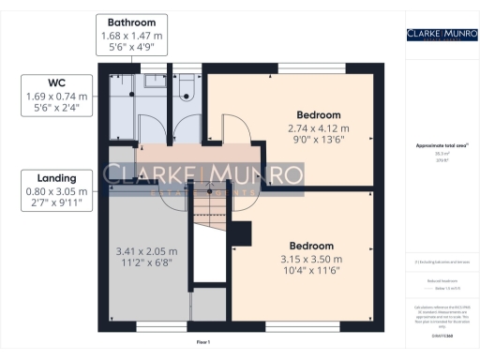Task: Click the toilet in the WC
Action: click(x=186, y=89)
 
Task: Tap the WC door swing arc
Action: click(x=185, y=129)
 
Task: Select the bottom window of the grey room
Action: click(x=149, y=328)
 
